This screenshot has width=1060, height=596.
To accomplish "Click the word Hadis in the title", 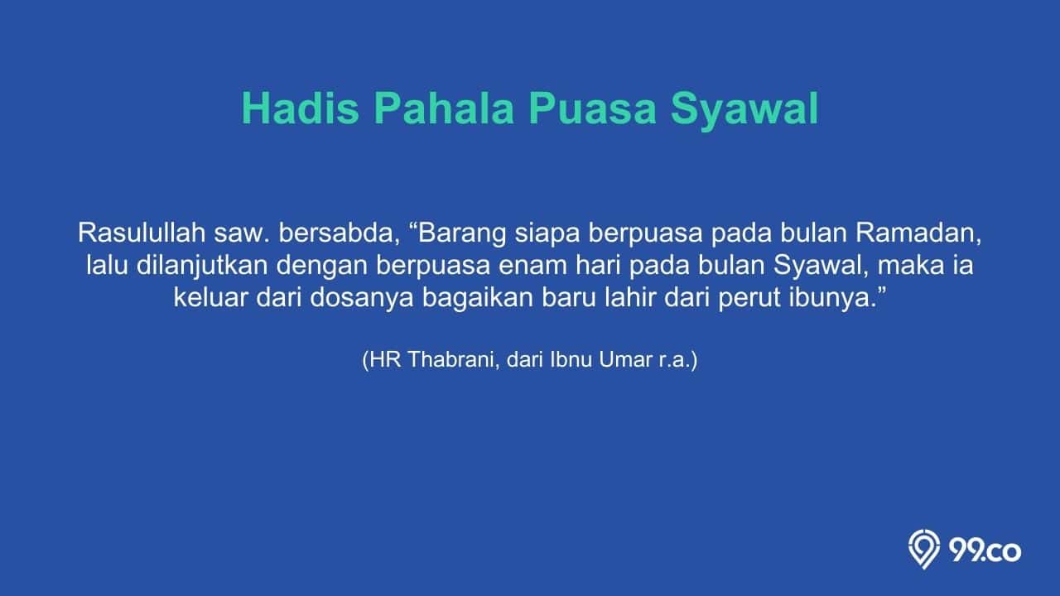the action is (300, 108).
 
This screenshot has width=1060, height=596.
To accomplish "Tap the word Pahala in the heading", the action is (444, 108).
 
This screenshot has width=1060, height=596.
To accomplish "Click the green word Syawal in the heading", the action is (744, 112).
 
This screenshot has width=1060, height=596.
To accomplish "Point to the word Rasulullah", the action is (142, 233).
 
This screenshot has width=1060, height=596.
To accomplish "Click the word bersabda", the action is (335, 233).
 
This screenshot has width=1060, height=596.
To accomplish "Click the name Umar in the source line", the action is (625, 359).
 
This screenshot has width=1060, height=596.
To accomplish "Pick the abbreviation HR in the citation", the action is (385, 359).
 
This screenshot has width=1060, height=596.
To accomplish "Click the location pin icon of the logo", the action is (923, 549).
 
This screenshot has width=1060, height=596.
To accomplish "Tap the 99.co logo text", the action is (985, 551).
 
